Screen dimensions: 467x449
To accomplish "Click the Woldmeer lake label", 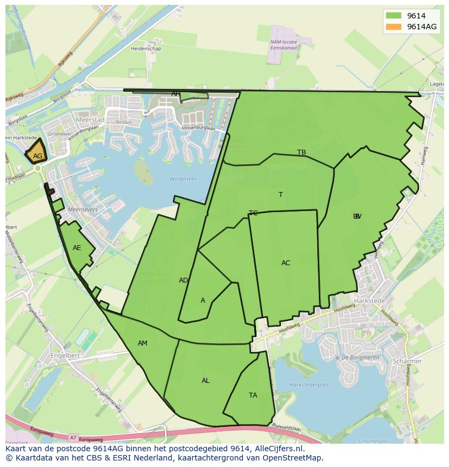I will point(183,179).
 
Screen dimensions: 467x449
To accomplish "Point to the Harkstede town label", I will point(369,300).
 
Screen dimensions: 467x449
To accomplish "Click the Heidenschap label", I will point(146,48).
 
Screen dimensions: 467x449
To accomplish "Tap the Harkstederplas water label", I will point(309,385).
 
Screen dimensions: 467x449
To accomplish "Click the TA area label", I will point(253,395).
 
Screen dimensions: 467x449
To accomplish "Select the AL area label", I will point(206,381).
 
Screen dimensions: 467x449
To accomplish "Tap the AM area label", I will point(142,343).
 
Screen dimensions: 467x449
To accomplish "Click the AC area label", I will point(286,263).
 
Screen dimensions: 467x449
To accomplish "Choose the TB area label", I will point(302,152).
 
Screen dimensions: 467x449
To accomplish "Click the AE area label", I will point(76,248).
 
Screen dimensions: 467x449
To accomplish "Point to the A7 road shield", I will point(73,437).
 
